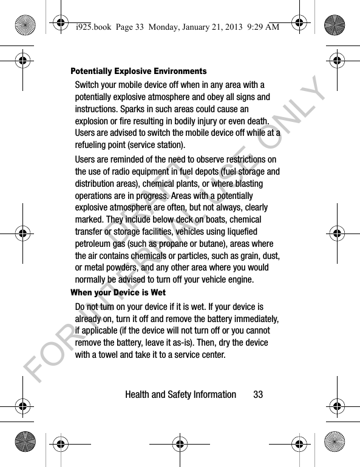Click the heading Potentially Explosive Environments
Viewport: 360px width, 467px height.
(x=138, y=72)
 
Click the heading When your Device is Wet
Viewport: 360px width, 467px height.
(x=118, y=293)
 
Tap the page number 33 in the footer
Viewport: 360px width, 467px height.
(x=258, y=394)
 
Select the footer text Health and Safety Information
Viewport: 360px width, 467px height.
(x=180, y=394)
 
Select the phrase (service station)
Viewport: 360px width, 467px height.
(x=154, y=146)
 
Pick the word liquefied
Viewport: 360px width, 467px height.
(x=241, y=231)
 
